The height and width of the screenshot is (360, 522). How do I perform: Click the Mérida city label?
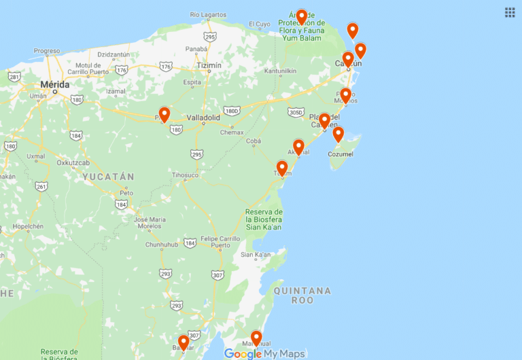click(x=55, y=84)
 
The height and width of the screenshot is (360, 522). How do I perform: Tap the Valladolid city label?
click(x=203, y=118)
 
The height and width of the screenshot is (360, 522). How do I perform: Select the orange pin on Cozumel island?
click(x=338, y=134)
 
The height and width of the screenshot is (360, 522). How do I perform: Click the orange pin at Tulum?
click(x=282, y=167)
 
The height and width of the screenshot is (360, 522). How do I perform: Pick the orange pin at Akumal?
click(x=298, y=146)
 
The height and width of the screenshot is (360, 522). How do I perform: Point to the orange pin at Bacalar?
click(x=183, y=342)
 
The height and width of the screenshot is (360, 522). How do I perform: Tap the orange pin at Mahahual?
click(x=256, y=337)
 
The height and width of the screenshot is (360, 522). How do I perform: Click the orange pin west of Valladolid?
click(x=164, y=114)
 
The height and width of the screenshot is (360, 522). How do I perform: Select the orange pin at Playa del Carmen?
click(x=325, y=120)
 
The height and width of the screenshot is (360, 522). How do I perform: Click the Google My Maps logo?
click(x=264, y=353)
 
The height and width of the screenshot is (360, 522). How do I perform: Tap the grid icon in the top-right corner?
click(x=510, y=12)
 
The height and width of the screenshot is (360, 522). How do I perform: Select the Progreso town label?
click(x=47, y=51)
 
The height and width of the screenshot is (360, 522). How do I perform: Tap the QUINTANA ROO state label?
click(x=302, y=295)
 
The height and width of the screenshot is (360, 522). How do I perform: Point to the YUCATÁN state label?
click(x=108, y=177)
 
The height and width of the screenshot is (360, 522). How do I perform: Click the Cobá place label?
click(x=253, y=141)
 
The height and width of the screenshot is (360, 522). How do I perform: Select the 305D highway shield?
click(x=295, y=112)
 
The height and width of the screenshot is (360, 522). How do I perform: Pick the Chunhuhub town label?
click(x=161, y=245)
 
